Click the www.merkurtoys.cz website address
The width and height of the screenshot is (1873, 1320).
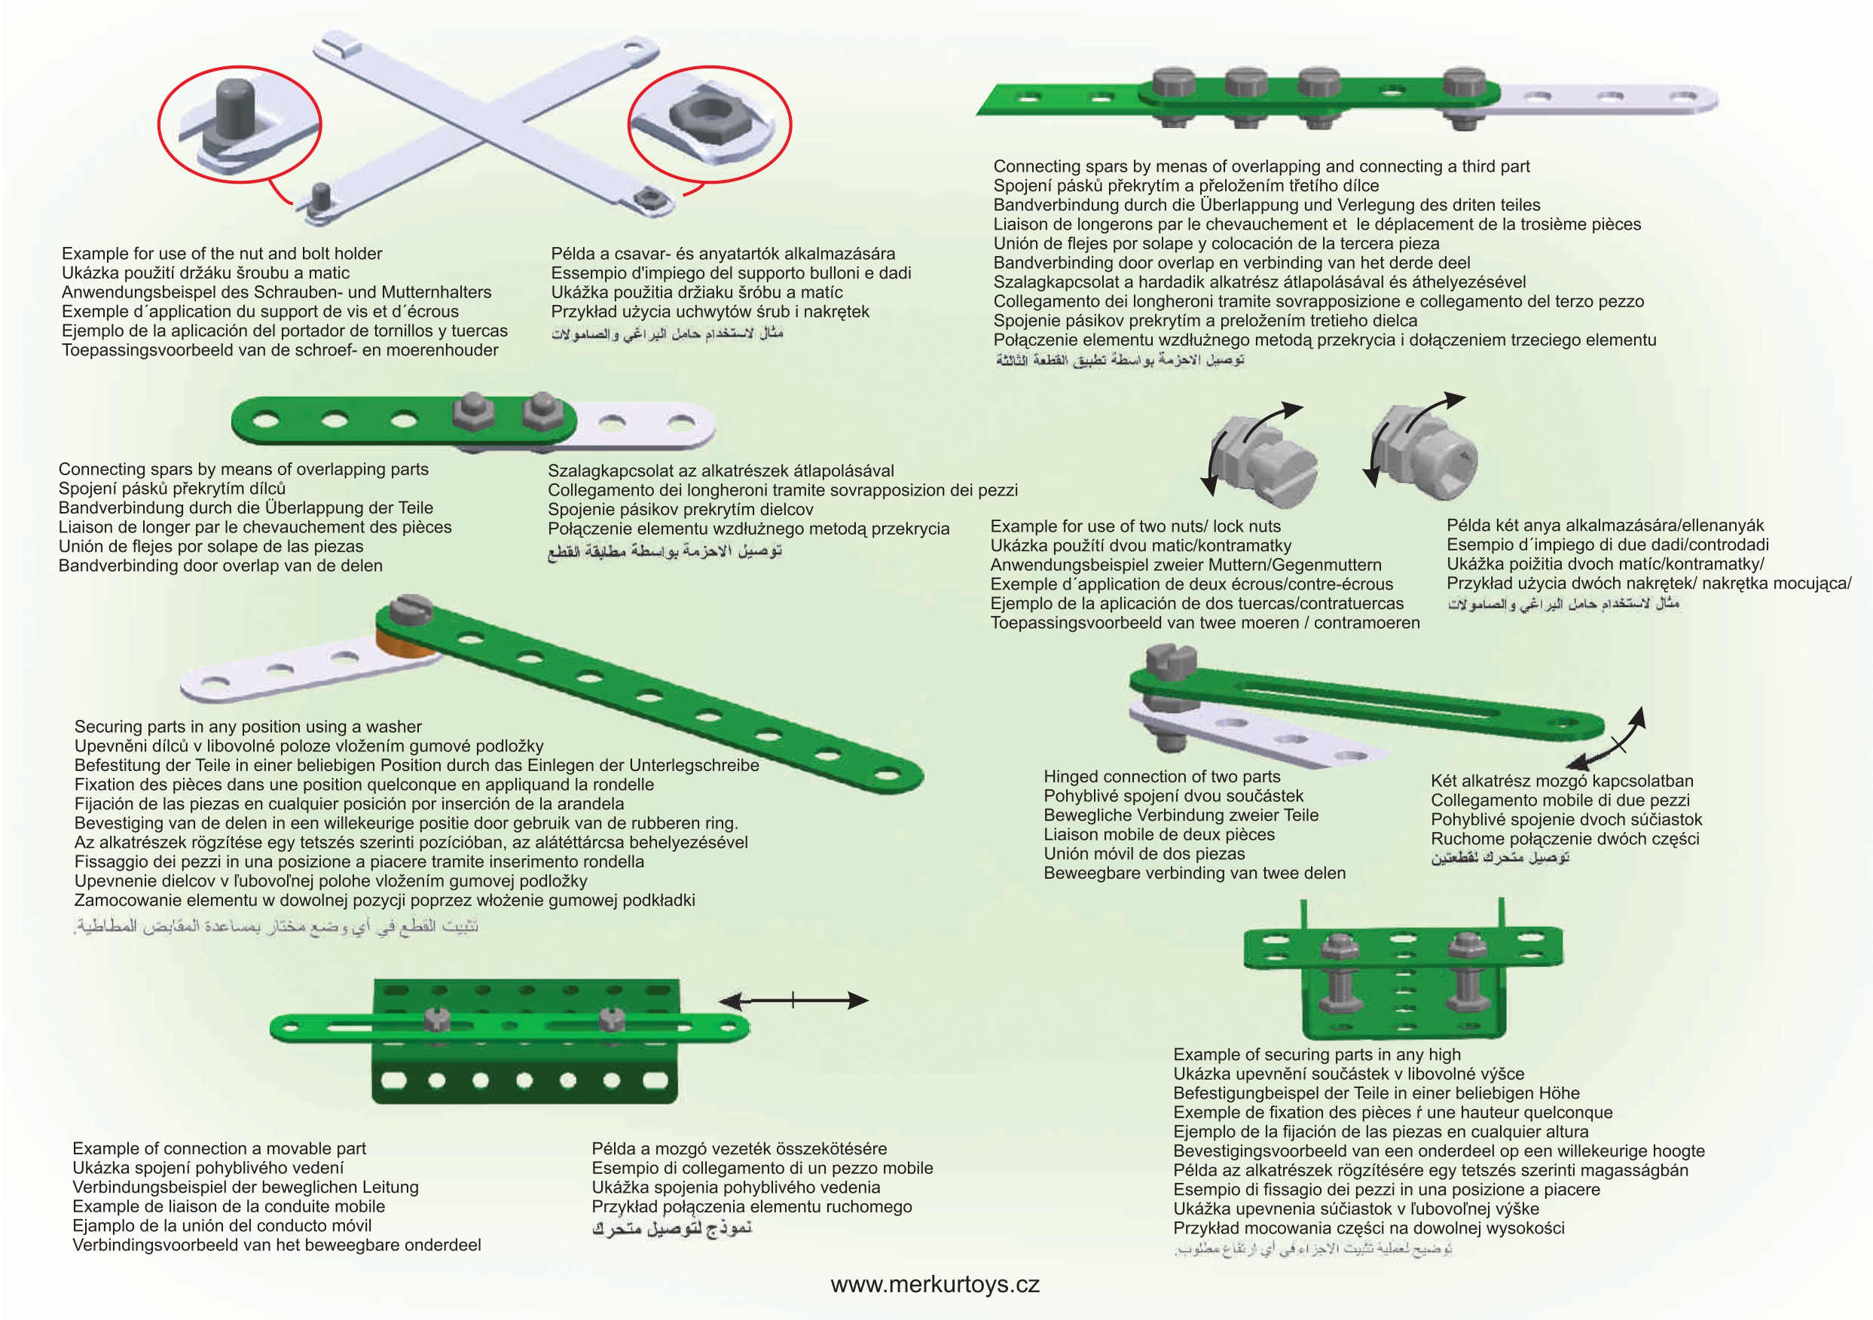click(x=935, y=1285)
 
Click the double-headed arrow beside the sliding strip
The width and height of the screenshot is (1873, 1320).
click(x=793, y=1001)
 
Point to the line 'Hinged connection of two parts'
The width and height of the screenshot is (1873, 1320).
click(x=1162, y=776)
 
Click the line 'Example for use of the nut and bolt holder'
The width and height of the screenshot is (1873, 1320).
click(x=222, y=254)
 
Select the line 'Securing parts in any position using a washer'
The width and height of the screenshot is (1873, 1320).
click(x=248, y=727)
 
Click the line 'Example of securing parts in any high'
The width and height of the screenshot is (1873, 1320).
click(x=1317, y=1054)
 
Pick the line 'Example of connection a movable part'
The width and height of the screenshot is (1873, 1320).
click(x=219, y=1148)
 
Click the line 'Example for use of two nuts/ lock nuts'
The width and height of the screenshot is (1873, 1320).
click(x=1135, y=526)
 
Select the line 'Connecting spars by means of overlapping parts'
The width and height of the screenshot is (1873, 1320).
click(x=243, y=469)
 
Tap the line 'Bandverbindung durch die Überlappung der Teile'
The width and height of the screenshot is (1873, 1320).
click(x=246, y=507)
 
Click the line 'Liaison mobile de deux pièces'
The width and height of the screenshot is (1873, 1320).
click(x=1160, y=834)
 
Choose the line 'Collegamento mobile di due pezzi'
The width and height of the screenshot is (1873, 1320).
click(x=1560, y=800)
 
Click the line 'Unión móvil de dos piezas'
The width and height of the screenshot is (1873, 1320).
click(x=1144, y=854)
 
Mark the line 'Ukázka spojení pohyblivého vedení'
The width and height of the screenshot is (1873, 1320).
click(x=208, y=1168)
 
